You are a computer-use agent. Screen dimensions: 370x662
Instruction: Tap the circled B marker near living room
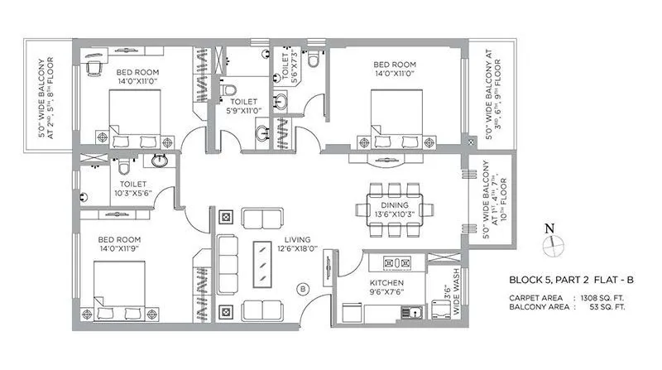(x=303, y=289)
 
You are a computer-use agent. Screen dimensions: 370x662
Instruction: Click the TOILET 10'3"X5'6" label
(x=133, y=189)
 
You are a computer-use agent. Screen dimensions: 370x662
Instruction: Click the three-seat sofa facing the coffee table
(x=228, y=262)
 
